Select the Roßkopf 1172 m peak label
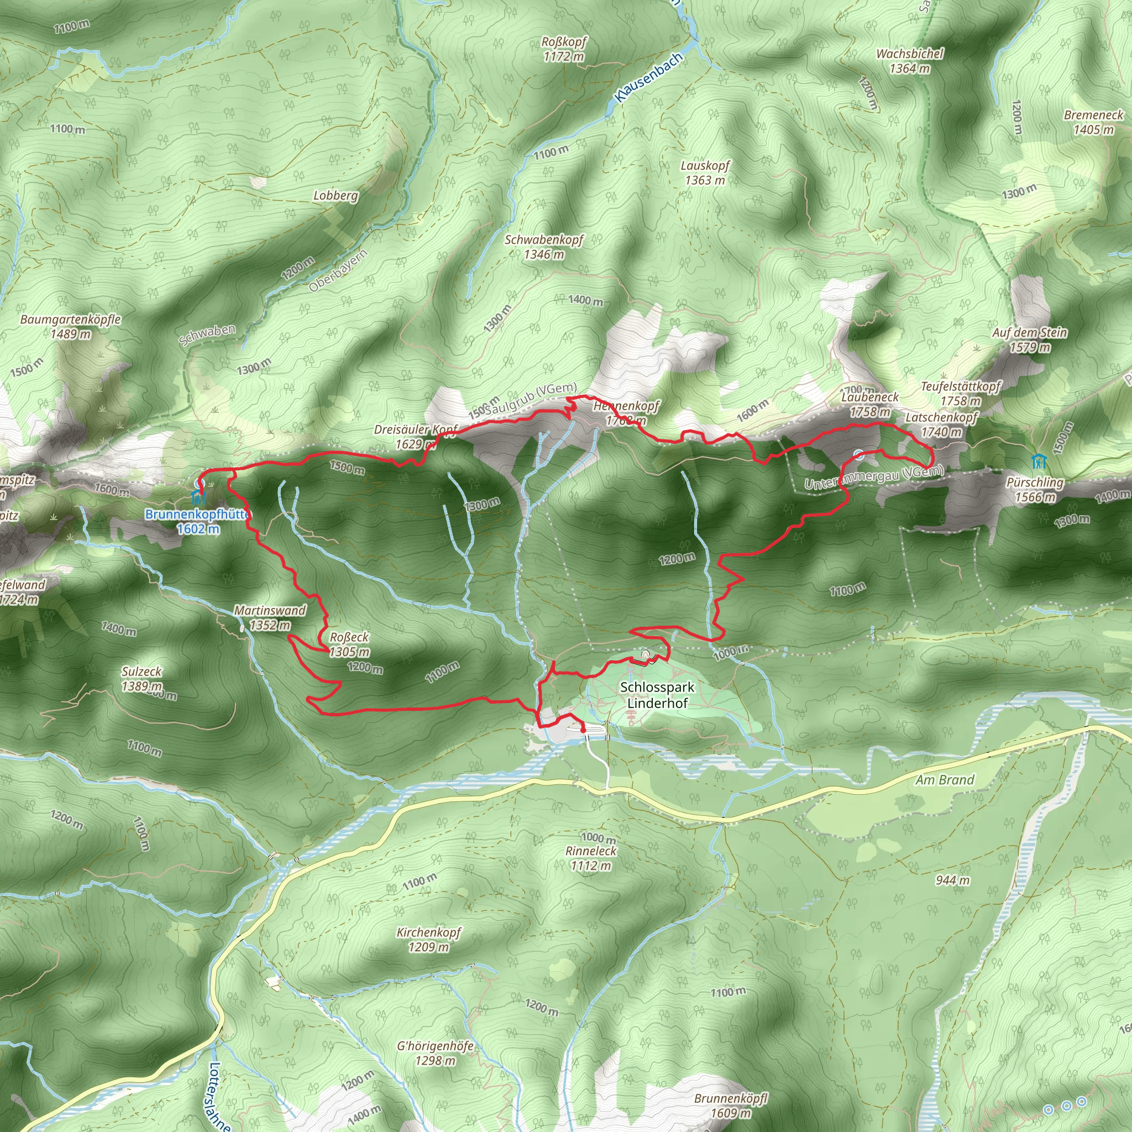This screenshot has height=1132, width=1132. (x=564, y=49)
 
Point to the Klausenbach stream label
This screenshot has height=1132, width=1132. (x=649, y=77)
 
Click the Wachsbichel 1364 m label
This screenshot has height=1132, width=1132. (x=909, y=61)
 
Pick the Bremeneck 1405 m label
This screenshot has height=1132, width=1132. (x=1093, y=122)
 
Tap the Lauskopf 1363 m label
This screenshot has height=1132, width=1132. (x=705, y=173)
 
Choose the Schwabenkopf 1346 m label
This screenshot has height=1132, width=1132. (x=544, y=247)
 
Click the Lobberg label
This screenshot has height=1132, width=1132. (x=336, y=195)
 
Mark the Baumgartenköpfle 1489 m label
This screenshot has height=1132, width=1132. (x=70, y=326)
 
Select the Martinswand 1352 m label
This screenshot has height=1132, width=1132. (x=270, y=617)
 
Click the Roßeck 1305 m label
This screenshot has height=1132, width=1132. (x=349, y=644)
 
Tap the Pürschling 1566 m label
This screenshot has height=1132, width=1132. (x=1035, y=490)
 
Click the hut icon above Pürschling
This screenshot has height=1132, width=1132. (x=1038, y=461)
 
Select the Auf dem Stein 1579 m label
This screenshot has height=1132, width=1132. (x=1029, y=340)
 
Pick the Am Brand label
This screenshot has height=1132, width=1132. (x=945, y=780)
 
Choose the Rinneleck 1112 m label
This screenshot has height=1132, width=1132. (x=591, y=858)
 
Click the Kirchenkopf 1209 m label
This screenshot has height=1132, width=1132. (x=429, y=939)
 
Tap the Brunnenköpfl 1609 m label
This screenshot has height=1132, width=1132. (x=730, y=1105)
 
